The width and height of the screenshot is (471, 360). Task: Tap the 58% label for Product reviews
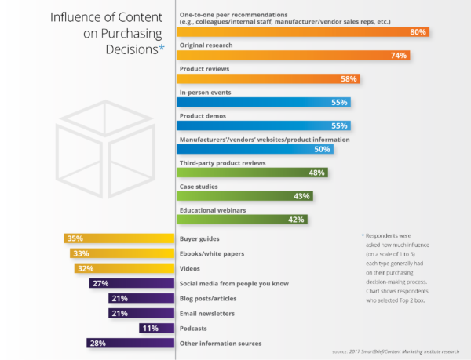coord(349,78)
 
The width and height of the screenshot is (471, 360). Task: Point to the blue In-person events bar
coord(263,102)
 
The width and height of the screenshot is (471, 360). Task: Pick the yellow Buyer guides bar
coord(118,238)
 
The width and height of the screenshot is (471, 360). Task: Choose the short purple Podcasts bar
coord(155,328)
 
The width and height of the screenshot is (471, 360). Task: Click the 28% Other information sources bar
coord(130,343)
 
